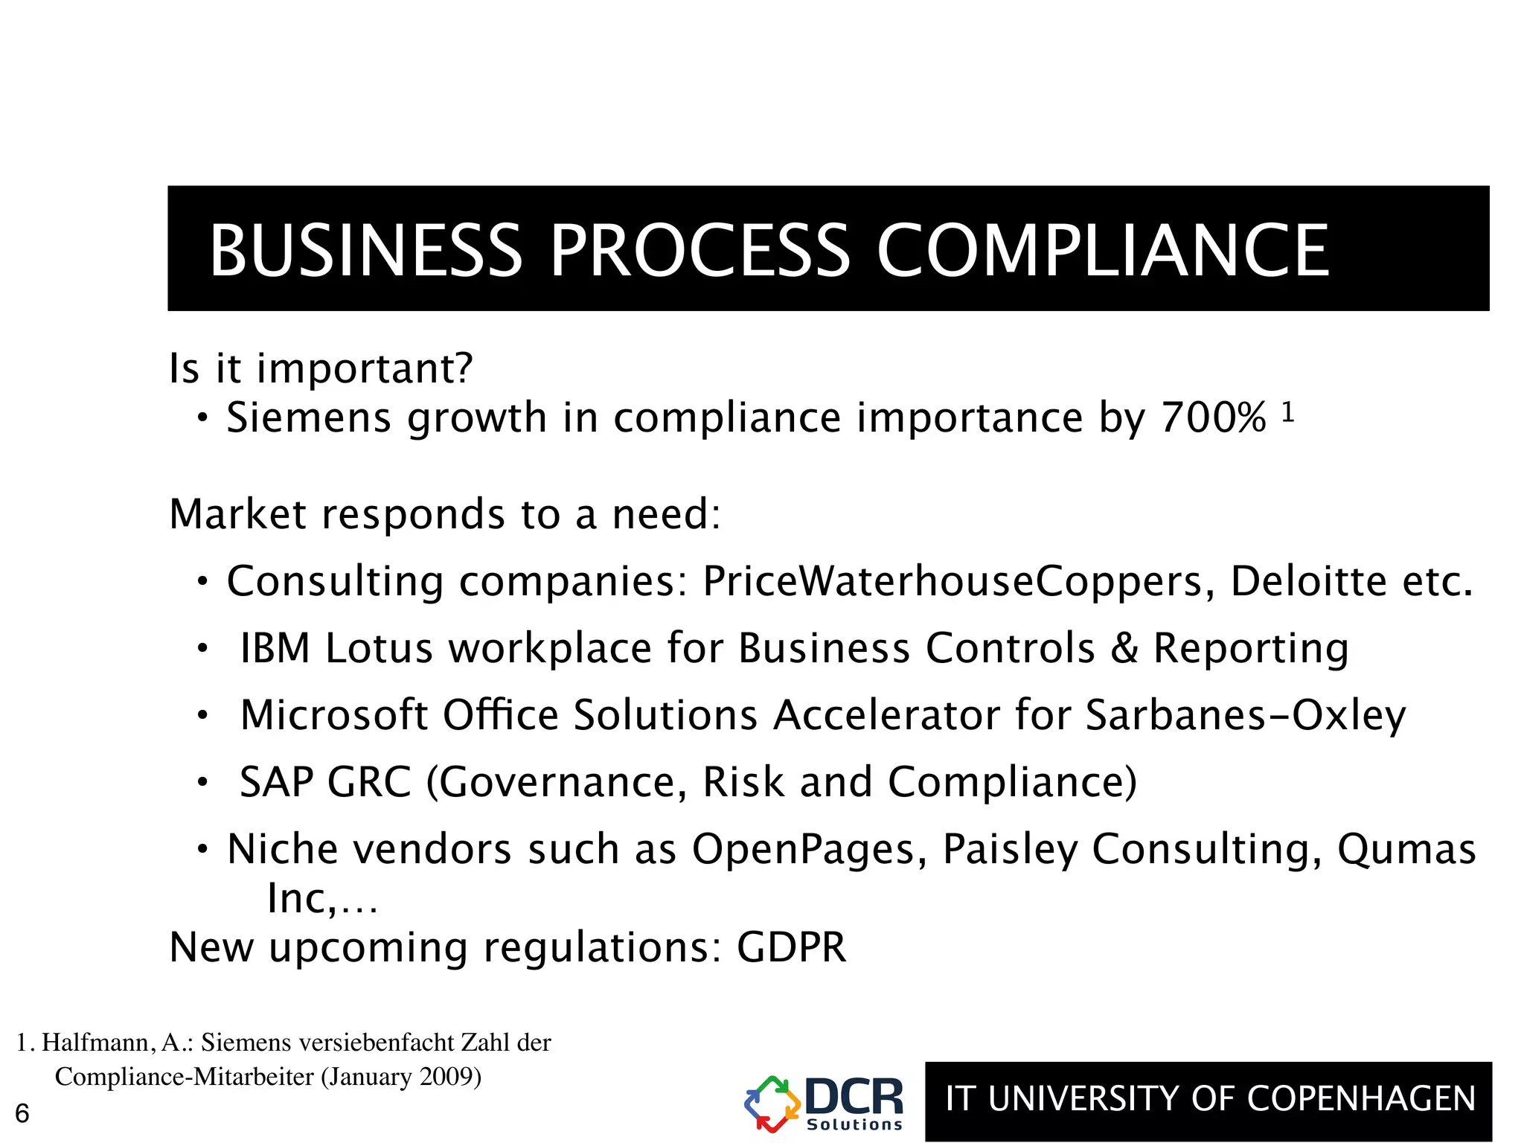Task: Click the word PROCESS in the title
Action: click(699, 251)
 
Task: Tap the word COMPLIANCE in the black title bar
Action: click(1103, 251)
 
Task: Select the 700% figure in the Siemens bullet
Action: click(1213, 417)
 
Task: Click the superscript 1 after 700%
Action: click(1288, 412)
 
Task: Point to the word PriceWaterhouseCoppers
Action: click(953, 581)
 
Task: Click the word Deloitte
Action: click(1308, 581)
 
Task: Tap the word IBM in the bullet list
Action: click(275, 648)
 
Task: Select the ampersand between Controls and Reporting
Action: click(1124, 648)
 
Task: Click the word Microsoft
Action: click(334, 715)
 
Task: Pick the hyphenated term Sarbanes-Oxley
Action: click(1246, 715)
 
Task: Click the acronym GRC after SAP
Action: click(369, 782)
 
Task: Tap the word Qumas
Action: click(1406, 849)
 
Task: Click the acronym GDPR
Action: click(791, 947)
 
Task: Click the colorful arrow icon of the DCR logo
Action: click(772, 1104)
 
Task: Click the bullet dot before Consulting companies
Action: click(202, 582)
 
